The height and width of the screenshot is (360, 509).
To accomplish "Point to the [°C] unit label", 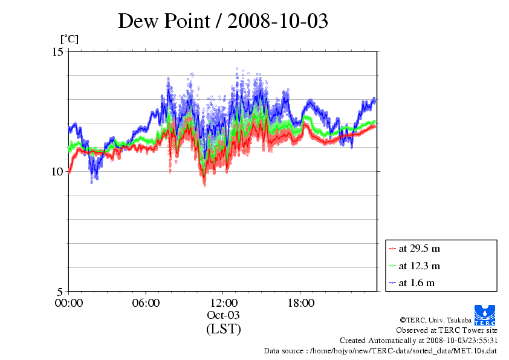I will pyautogui.click(x=69, y=39).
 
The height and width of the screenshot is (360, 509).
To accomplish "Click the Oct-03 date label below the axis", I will pyautogui.click(x=224, y=315).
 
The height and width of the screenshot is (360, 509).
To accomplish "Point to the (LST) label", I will pyautogui.click(x=224, y=329).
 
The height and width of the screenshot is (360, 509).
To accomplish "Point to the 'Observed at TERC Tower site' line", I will pyautogui.click(x=447, y=330).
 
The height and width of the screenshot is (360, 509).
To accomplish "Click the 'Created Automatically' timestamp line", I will pyautogui.click(x=418, y=341).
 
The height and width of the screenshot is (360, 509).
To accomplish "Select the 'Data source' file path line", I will pyautogui.click(x=380, y=351).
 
